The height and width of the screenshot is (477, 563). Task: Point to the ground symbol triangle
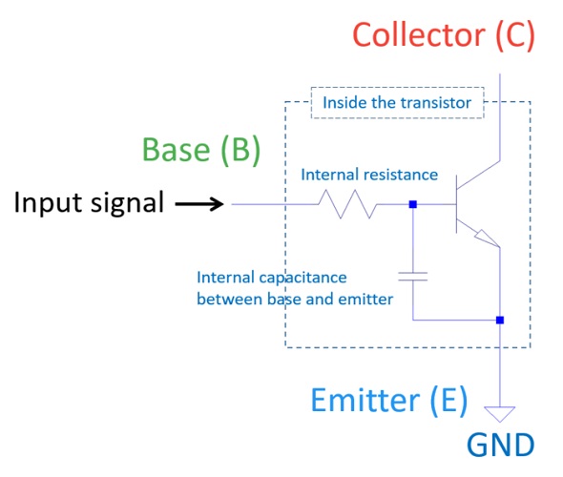(x=500, y=414)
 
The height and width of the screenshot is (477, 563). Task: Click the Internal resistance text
(x=369, y=176)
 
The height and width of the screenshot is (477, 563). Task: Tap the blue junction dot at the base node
(x=412, y=203)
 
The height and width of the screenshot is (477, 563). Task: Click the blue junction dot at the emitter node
(x=500, y=320)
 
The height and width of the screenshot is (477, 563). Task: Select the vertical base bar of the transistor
(x=455, y=203)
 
